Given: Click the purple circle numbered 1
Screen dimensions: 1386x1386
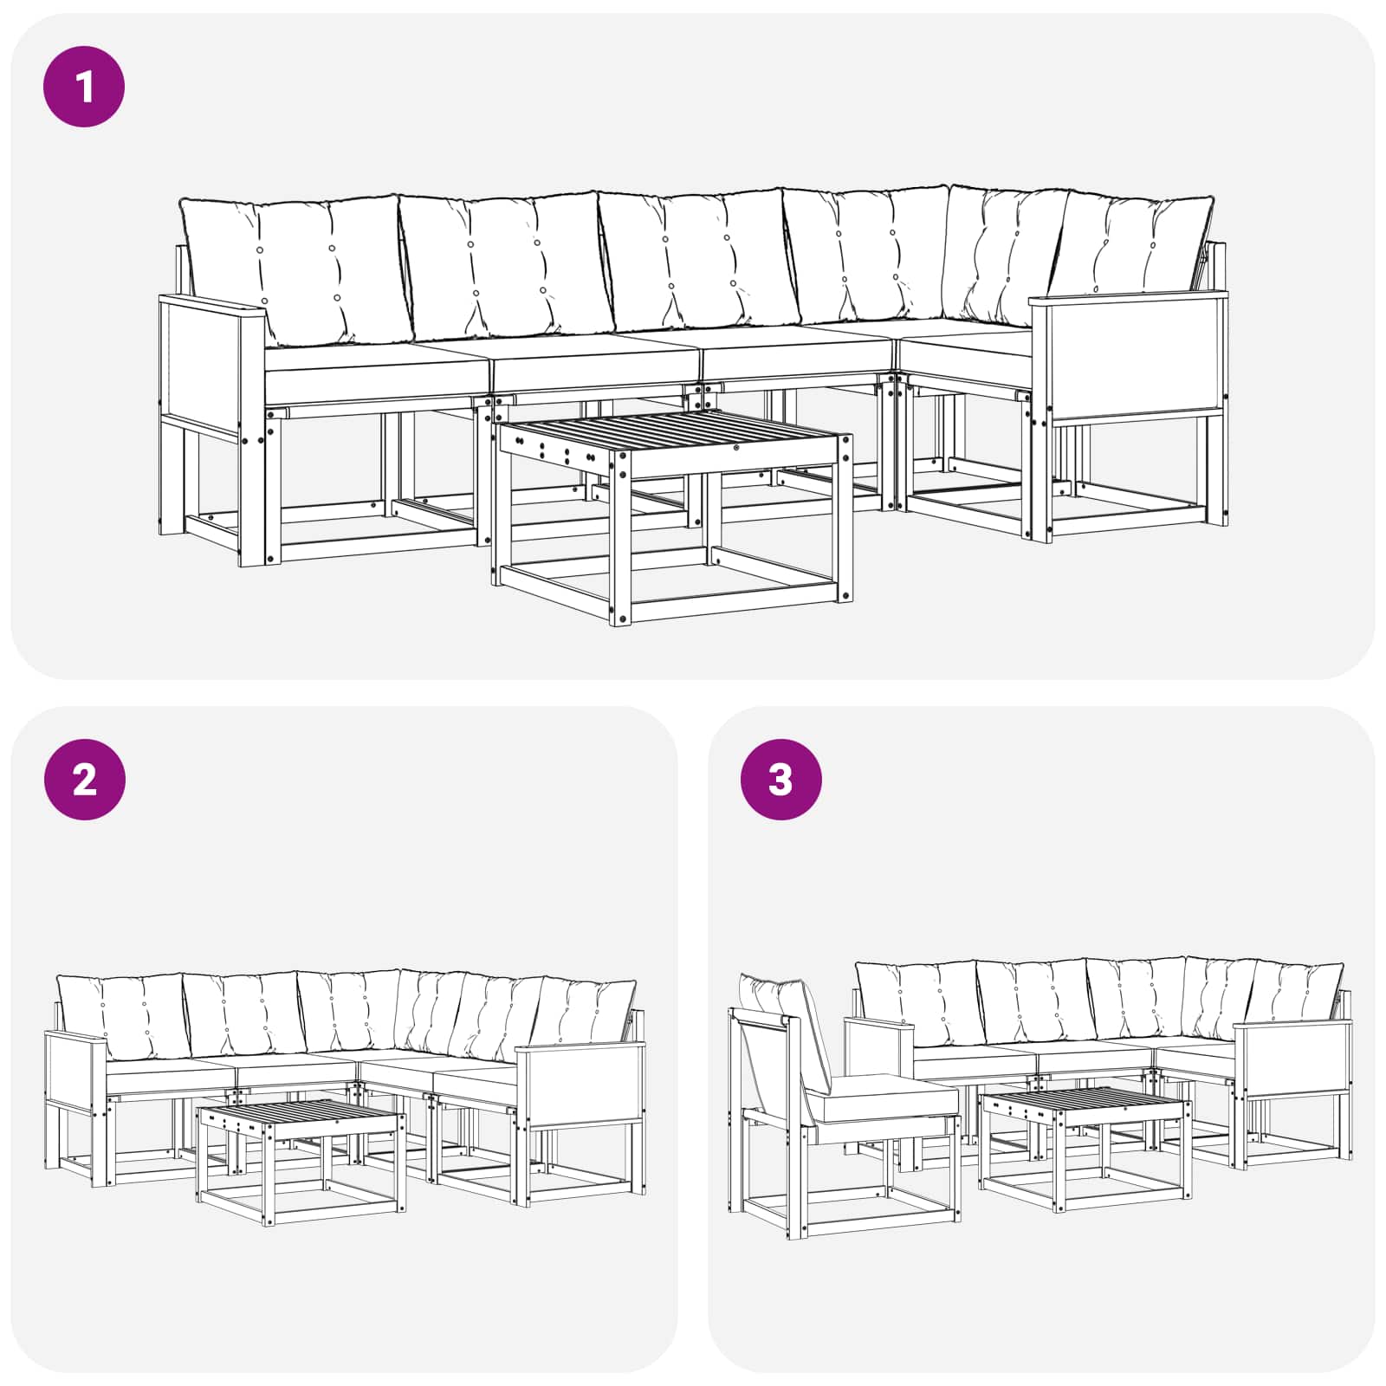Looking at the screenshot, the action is pyautogui.click(x=84, y=87).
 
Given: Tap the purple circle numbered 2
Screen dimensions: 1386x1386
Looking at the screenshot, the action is pyautogui.click(x=84, y=780).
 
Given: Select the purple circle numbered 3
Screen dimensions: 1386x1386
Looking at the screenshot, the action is pyautogui.click(x=780, y=780).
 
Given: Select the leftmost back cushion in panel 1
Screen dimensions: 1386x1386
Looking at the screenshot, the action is pyautogui.click(x=295, y=270).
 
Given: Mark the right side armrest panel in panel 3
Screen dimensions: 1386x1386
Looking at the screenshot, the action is pyautogui.click(x=1293, y=1060).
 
